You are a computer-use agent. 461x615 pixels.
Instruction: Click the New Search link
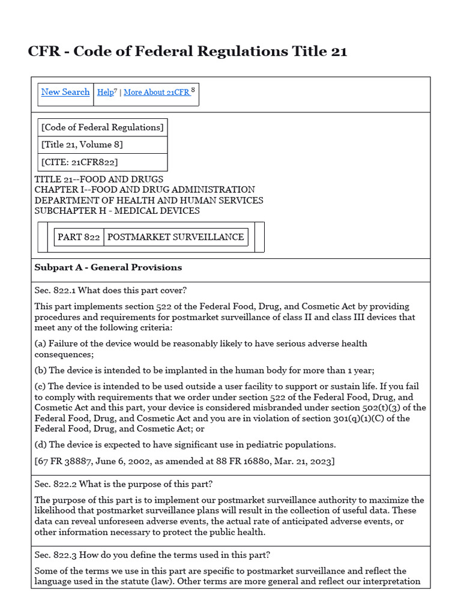(x=65, y=92)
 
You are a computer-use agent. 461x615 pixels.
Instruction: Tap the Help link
(x=105, y=92)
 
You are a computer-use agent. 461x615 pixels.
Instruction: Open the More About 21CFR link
(x=156, y=92)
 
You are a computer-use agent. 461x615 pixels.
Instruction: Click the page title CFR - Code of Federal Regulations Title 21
(x=187, y=52)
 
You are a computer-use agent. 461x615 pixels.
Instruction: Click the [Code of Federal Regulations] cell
(x=102, y=127)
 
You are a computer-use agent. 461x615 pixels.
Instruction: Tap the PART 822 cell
(x=79, y=237)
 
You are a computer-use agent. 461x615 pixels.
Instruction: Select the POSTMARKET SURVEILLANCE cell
(x=175, y=237)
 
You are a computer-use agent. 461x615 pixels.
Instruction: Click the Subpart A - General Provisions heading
(x=108, y=268)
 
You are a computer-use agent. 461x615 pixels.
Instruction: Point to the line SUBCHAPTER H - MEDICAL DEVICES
(x=117, y=211)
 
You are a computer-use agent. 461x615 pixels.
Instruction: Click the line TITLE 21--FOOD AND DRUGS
(x=98, y=180)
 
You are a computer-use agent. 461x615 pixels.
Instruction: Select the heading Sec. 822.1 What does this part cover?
(x=110, y=291)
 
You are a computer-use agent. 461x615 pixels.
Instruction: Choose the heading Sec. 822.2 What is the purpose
(x=124, y=484)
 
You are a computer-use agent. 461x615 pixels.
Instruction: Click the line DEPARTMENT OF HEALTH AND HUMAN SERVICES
(x=149, y=201)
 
